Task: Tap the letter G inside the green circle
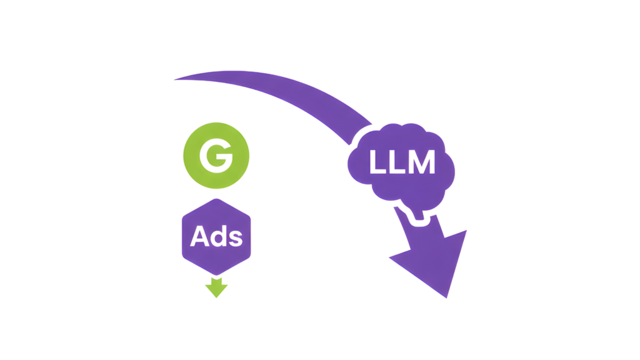[x=216, y=157]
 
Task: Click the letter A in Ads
[x=199, y=237]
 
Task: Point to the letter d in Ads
[x=218, y=237]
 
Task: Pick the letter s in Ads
[x=234, y=239]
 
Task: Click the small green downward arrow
[x=216, y=287]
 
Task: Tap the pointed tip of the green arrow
[x=216, y=297]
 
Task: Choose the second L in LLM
[x=398, y=163]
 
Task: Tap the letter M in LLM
[x=422, y=163]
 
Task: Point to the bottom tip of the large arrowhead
[x=447, y=297]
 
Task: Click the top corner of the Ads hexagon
[x=216, y=199]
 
